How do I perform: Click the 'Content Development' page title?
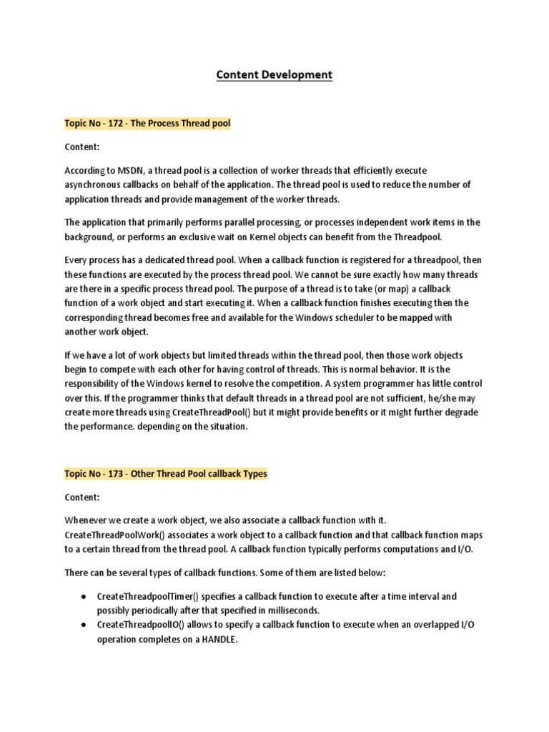(274, 74)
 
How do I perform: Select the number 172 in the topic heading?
(116, 123)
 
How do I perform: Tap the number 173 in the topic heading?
(116, 474)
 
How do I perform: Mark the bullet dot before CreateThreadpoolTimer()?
(84, 596)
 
